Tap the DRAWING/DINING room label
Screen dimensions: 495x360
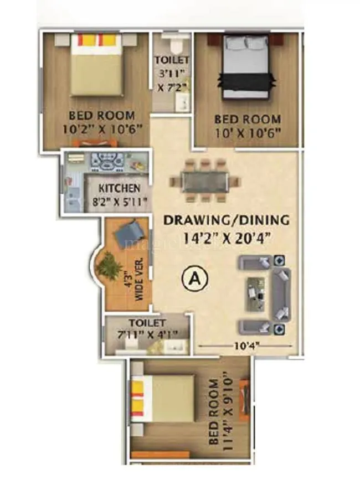pyautogui.click(x=226, y=220)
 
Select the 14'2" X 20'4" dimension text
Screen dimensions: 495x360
pyautogui.click(x=226, y=239)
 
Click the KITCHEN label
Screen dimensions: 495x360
pyautogui.click(x=119, y=189)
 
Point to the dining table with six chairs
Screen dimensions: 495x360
pyautogui.click(x=204, y=181)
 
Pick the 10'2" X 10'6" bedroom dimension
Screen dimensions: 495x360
pyautogui.click(x=101, y=128)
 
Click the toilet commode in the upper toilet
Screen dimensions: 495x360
pyautogui.click(x=172, y=43)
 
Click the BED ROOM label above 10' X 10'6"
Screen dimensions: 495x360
pyautogui.click(x=248, y=119)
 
